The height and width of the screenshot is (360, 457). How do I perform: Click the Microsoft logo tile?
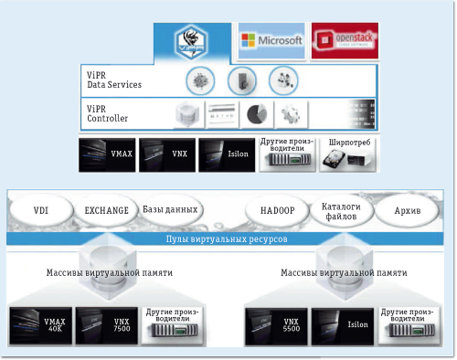point(270,41)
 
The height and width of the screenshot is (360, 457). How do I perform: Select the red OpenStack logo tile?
point(343,41)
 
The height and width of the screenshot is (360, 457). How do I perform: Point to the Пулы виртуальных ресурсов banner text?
point(228,237)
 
